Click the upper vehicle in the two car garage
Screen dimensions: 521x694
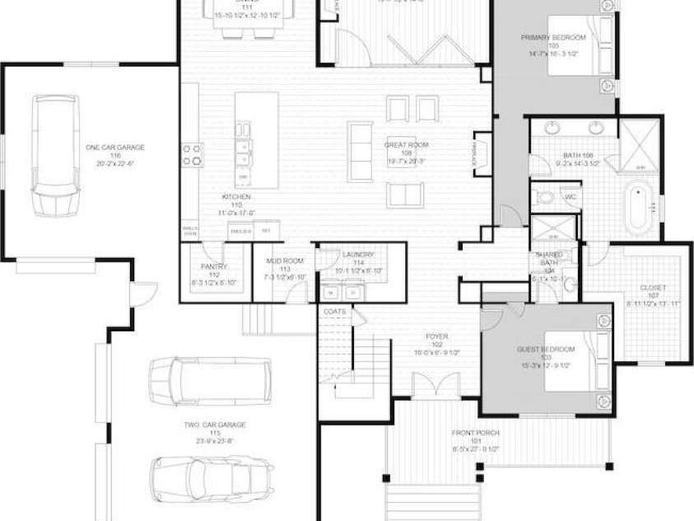210,380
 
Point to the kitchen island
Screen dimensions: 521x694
256,140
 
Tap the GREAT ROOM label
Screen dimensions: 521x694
407,151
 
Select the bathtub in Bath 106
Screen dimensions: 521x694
639,209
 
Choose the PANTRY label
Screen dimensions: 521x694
213,271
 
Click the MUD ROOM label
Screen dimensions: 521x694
285,266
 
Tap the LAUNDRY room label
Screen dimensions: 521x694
358,260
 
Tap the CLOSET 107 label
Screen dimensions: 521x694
654,293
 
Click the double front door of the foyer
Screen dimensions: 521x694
435,386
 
